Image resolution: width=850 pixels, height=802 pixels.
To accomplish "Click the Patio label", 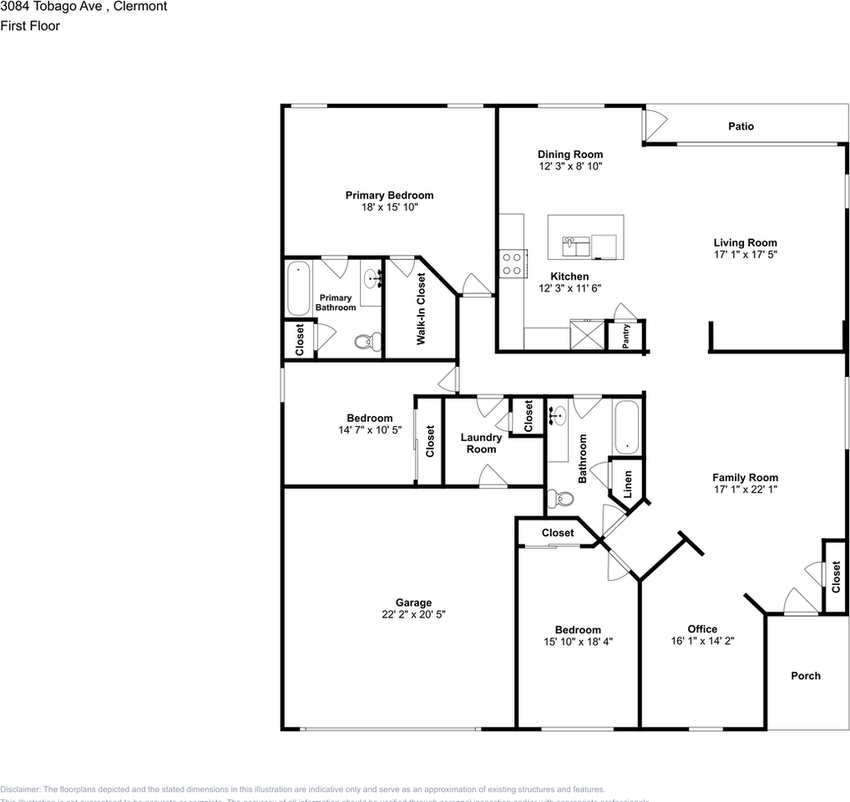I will click(740, 126).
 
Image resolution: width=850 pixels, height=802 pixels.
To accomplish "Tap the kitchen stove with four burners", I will click(511, 264).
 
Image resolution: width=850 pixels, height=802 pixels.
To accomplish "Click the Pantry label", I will click(625, 336).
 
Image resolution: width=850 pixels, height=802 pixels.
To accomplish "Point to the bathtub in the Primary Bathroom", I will click(298, 288).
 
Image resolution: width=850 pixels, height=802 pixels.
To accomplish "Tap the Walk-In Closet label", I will click(421, 309).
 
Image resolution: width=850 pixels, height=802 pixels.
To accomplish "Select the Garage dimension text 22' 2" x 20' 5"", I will click(413, 614).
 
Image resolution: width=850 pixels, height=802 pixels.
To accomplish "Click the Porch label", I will click(806, 676).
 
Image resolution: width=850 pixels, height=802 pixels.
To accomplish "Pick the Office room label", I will click(702, 629).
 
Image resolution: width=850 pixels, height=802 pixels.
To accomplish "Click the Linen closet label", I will click(627, 482).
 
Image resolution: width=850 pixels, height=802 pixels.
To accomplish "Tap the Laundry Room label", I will click(481, 443).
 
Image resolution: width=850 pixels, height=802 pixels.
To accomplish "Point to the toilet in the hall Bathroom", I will click(559, 499).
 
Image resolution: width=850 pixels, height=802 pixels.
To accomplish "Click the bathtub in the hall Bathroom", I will click(626, 427).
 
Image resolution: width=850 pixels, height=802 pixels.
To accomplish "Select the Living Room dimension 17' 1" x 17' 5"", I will click(745, 255).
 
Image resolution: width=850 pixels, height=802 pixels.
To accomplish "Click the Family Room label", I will click(745, 478).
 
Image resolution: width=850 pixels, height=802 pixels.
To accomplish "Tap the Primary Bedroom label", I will click(389, 195).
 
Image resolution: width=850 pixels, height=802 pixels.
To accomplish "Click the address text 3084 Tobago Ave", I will click(50, 7).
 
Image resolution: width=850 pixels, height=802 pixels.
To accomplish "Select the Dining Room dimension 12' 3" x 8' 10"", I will click(569, 166).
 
